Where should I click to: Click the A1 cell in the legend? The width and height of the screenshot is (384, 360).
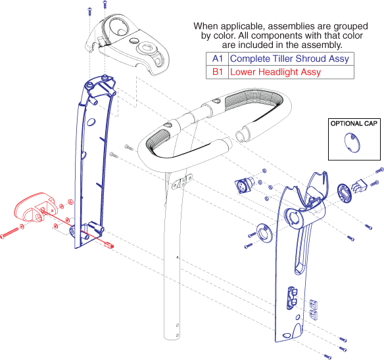click(216, 58)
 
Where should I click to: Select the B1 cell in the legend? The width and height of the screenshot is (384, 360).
click(216, 72)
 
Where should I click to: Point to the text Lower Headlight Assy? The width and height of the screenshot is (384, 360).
click(276, 72)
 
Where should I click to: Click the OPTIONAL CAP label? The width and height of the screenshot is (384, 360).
click(355, 124)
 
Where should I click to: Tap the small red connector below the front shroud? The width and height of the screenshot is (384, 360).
click(108, 247)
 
